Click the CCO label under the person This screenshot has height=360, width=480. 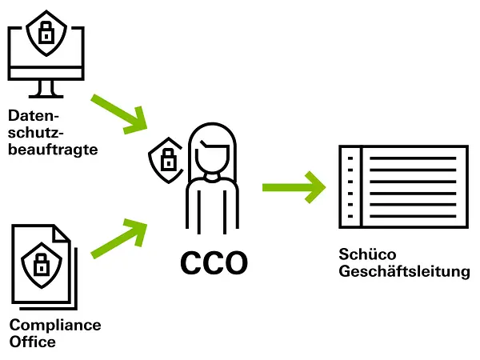214,262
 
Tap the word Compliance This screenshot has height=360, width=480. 55,326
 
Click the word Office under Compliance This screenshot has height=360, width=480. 33,342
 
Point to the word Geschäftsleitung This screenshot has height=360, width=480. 404,273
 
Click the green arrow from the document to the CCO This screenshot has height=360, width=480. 120,238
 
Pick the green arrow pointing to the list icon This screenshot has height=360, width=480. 293,186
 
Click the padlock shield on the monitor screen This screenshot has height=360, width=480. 45,33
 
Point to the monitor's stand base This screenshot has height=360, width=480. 46,94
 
